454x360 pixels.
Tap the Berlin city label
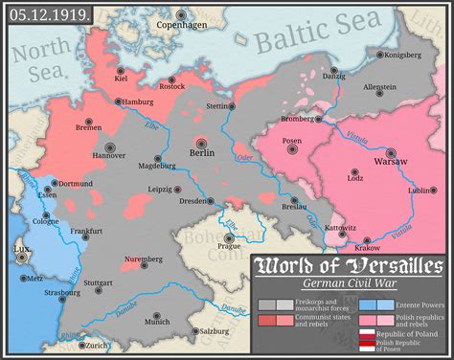[x=202, y=152]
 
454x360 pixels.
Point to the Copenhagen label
[x=181, y=25]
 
